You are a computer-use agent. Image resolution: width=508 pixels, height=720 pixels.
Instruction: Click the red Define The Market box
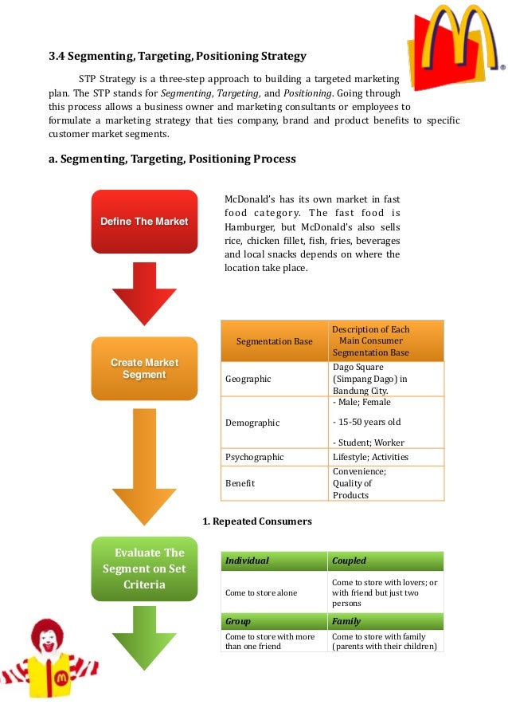[x=144, y=221]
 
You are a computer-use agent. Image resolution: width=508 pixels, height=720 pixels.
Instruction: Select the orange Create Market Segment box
[x=144, y=368]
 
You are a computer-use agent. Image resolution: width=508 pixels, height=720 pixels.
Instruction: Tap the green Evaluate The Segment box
[x=143, y=569]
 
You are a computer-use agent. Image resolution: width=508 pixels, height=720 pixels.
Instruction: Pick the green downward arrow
[x=144, y=639]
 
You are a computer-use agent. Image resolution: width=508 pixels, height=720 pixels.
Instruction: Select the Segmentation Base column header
[x=275, y=341]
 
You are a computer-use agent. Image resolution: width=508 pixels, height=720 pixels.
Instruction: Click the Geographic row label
[x=248, y=380]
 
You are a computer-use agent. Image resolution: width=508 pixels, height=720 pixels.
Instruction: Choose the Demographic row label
[x=252, y=423]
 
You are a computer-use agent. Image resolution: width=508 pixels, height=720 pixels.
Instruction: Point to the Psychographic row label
[x=255, y=457]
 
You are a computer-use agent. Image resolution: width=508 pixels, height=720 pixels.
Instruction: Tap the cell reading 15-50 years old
[x=366, y=422]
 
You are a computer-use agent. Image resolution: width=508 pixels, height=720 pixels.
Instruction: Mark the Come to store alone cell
[x=260, y=593]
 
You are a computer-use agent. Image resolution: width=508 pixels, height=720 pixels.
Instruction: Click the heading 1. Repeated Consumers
[x=256, y=521]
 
